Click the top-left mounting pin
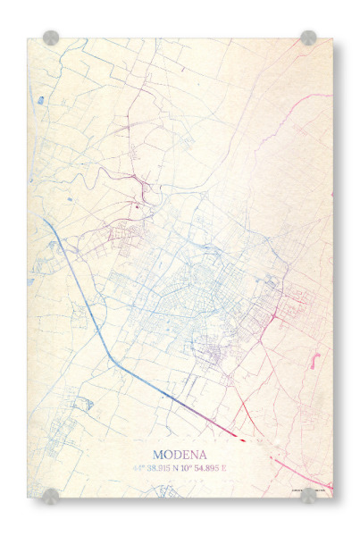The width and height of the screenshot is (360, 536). pyautogui.click(x=51, y=38)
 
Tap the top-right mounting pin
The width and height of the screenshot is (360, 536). pyautogui.click(x=308, y=38)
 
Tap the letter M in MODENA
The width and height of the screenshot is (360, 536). pyautogui.click(x=158, y=454)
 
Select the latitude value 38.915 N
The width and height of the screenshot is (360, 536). pyautogui.click(x=165, y=467)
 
